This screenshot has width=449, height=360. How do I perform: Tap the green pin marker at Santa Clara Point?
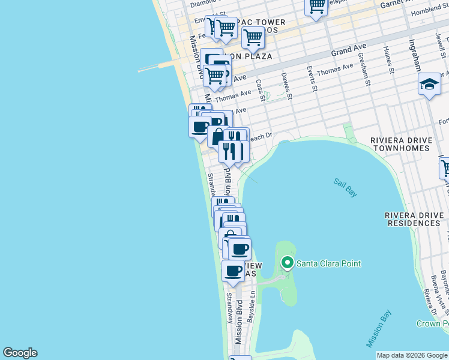coord(288,263)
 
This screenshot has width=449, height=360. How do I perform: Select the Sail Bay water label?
coord(345,187)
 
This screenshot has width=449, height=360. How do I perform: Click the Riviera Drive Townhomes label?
coord(400,144)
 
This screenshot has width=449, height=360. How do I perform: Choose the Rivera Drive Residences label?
coord(413,219)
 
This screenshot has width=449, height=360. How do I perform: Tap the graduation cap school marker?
coord(429,85)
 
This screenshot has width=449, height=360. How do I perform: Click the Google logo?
coord(20,353)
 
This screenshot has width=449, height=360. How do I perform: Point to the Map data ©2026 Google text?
coord(412,355)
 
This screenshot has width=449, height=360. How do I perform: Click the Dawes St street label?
coord(286,86)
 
